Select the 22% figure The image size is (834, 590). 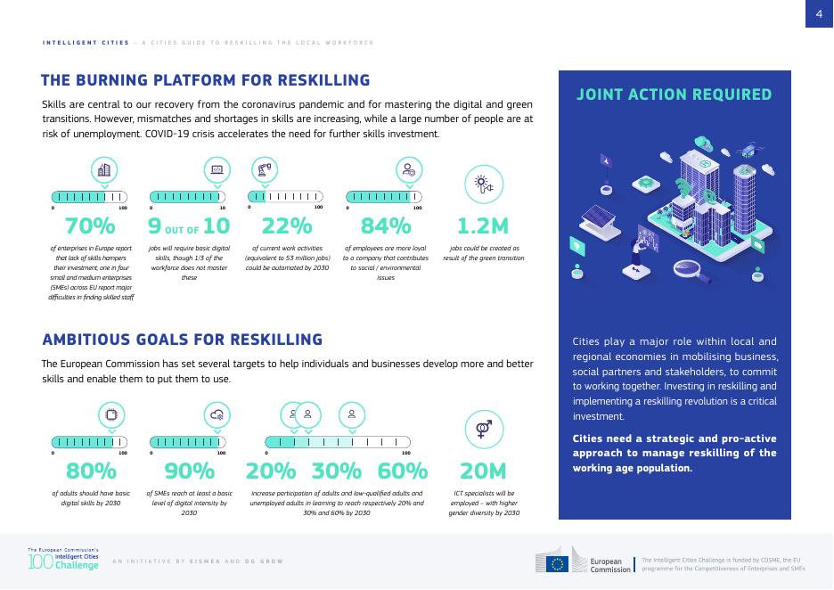tap(281, 227)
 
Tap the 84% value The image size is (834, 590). tap(385, 227)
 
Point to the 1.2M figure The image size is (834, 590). tap(482, 227)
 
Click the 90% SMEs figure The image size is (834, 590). tap(190, 471)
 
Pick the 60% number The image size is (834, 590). tap(403, 471)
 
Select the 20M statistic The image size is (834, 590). tap(483, 471)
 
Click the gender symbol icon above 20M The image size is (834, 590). tap(484, 429)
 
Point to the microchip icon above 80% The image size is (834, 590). tap(111, 414)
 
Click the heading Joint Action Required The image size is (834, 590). tap(674, 94)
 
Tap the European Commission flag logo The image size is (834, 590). tap(558, 563)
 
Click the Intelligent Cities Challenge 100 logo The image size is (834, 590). tap(62, 560)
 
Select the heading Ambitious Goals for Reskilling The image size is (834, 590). tap(182, 340)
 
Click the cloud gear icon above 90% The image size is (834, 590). tap(217, 414)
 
